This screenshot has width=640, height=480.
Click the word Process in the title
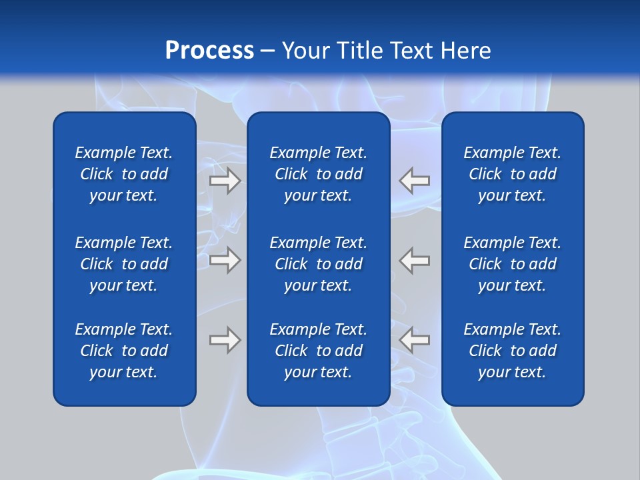[x=209, y=51]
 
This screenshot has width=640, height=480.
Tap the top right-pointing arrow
[x=225, y=181]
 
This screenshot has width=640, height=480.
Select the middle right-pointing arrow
[x=225, y=260]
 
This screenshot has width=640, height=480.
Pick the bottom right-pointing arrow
[x=225, y=340]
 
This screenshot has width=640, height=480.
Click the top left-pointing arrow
[x=415, y=181]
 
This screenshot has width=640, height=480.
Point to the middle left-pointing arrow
[x=415, y=260]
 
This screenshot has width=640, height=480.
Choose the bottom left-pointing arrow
[x=415, y=340]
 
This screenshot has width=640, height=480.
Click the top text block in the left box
[x=124, y=174]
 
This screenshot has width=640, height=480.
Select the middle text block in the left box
[x=124, y=264]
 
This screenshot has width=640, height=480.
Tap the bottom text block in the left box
[x=124, y=351]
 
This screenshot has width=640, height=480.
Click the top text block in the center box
[x=318, y=174]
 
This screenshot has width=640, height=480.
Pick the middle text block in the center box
[x=318, y=264]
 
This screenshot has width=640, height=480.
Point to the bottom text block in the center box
[x=318, y=351]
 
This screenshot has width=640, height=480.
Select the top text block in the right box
[x=512, y=174]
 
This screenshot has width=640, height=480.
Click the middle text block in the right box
[x=512, y=264]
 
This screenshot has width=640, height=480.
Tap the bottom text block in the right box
[x=512, y=351]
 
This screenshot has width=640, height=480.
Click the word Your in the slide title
[x=304, y=51]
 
